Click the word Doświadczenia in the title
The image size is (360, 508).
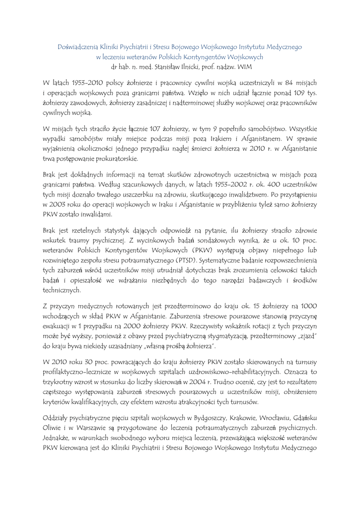click(77, 47)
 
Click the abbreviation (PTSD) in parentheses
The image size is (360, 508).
click(185, 260)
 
